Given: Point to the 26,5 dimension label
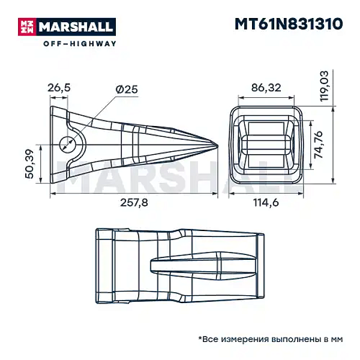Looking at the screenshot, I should click(x=59, y=88).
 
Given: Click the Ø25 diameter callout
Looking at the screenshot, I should click(x=127, y=88).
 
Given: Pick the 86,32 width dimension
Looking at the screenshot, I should click(x=266, y=88).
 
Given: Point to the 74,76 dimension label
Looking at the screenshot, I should click(x=319, y=145).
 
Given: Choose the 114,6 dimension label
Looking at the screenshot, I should click(x=266, y=202).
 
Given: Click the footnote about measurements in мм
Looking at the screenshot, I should click(x=269, y=339).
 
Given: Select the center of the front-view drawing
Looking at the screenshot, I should click(x=266, y=145).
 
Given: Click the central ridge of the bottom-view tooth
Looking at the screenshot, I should click(x=204, y=266).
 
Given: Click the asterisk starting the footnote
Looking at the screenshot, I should click(x=200, y=338).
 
